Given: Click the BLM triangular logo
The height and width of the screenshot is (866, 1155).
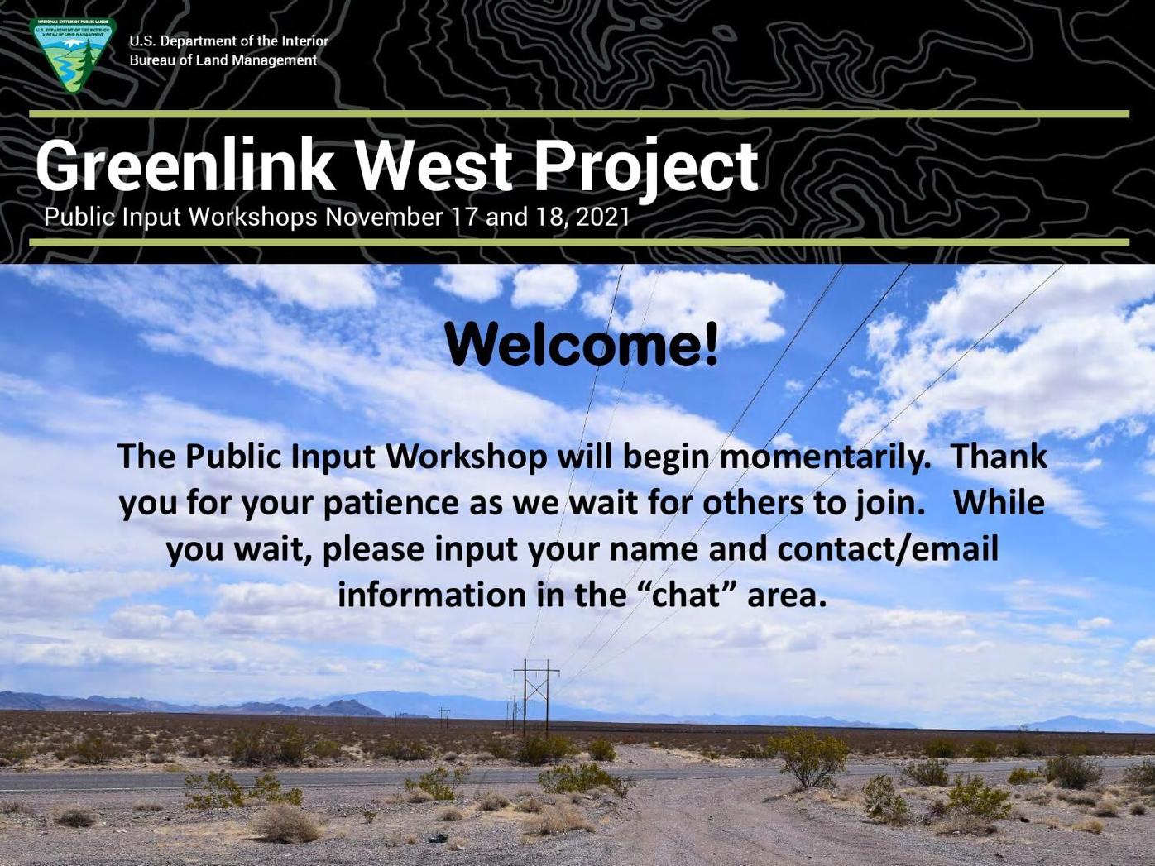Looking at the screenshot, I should coord(72,55).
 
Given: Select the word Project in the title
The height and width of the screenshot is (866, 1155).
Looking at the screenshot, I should coord(645,168).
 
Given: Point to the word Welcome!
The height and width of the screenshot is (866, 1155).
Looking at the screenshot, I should coord(582,345).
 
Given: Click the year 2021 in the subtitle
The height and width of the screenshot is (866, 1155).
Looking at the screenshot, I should coord(602,217).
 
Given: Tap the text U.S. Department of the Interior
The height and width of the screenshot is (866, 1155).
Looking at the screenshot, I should coord(228,41).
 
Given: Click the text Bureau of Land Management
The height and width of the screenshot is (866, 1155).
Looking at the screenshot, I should coord(223,60).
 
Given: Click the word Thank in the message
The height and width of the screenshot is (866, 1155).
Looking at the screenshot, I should coord(999,457).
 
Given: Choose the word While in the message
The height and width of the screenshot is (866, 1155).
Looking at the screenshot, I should coord(999,503).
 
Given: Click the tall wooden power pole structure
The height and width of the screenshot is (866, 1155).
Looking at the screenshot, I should coord(535,695).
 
